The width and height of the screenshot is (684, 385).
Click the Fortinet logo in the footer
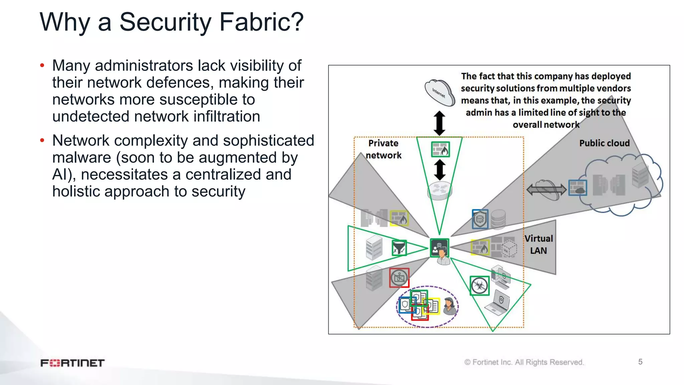tap(72, 363)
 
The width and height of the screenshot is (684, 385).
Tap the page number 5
tap(640, 362)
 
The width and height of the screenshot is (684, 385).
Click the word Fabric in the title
tap(262, 22)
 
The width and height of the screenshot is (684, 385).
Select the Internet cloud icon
tap(439, 93)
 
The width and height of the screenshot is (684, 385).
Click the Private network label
tap(383, 149)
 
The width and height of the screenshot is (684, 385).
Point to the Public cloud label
tap(604, 143)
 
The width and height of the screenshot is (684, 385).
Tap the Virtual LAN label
tap(538, 244)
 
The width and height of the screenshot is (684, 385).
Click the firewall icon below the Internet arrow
tap(440, 149)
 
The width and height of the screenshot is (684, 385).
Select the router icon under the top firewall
tap(440, 191)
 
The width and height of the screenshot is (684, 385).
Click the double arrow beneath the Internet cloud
tap(439, 123)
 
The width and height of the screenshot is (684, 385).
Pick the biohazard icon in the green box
tap(479, 286)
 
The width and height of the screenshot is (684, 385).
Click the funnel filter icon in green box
tap(399, 248)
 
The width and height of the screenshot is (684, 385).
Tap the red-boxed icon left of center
tap(399, 278)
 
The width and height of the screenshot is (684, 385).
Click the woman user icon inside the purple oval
tap(449, 306)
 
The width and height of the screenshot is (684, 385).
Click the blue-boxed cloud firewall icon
tap(577, 188)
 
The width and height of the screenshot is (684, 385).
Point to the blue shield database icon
tap(480, 219)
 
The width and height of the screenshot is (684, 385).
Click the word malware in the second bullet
tap(81, 157)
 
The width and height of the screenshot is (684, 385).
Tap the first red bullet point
tap(42, 65)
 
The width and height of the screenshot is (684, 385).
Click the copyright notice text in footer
tap(524, 362)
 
